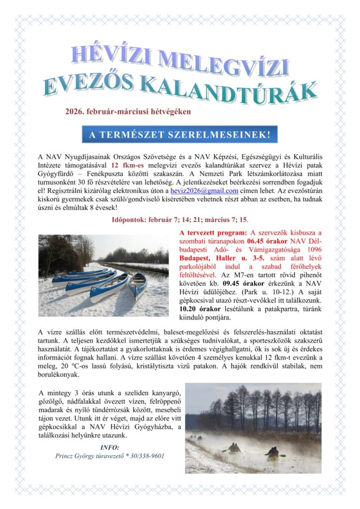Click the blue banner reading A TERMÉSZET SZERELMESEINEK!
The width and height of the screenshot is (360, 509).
click(x=180, y=134)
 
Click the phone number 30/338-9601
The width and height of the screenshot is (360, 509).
click(x=147, y=455)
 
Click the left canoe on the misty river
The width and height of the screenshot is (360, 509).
click(x=234, y=448)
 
